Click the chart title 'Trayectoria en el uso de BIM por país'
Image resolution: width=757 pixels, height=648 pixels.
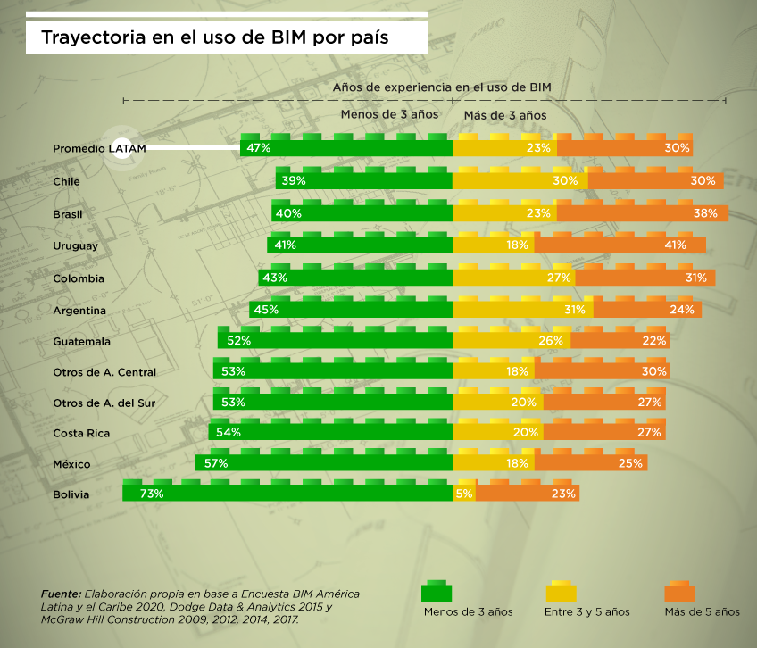click(214, 38)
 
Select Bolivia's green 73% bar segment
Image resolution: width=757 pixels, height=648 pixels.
click(287, 494)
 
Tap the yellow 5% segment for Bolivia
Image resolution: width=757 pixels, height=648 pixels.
click(464, 494)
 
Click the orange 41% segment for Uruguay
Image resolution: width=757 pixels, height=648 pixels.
click(620, 245)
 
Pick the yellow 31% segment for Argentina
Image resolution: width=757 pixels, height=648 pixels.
click(523, 310)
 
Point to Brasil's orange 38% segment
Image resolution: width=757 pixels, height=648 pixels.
click(642, 214)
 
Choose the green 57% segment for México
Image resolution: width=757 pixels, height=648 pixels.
click(324, 463)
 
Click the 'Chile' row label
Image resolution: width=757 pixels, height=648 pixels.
click(67, 181)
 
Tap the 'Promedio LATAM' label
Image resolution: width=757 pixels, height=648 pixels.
click(99, 148)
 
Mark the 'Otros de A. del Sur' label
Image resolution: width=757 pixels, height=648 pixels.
click(104, 403)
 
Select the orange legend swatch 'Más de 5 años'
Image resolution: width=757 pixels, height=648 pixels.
click(680, 592)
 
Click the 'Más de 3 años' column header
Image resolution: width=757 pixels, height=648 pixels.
click(505, 115)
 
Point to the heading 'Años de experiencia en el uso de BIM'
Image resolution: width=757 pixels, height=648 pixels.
click(442, 87)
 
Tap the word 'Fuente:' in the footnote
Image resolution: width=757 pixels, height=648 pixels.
click(61, 594)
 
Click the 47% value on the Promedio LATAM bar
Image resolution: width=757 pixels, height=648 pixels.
click(259, 148)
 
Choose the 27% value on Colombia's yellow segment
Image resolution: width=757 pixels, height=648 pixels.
click(561, 278)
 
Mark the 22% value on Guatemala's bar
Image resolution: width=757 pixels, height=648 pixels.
click(653, 341)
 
